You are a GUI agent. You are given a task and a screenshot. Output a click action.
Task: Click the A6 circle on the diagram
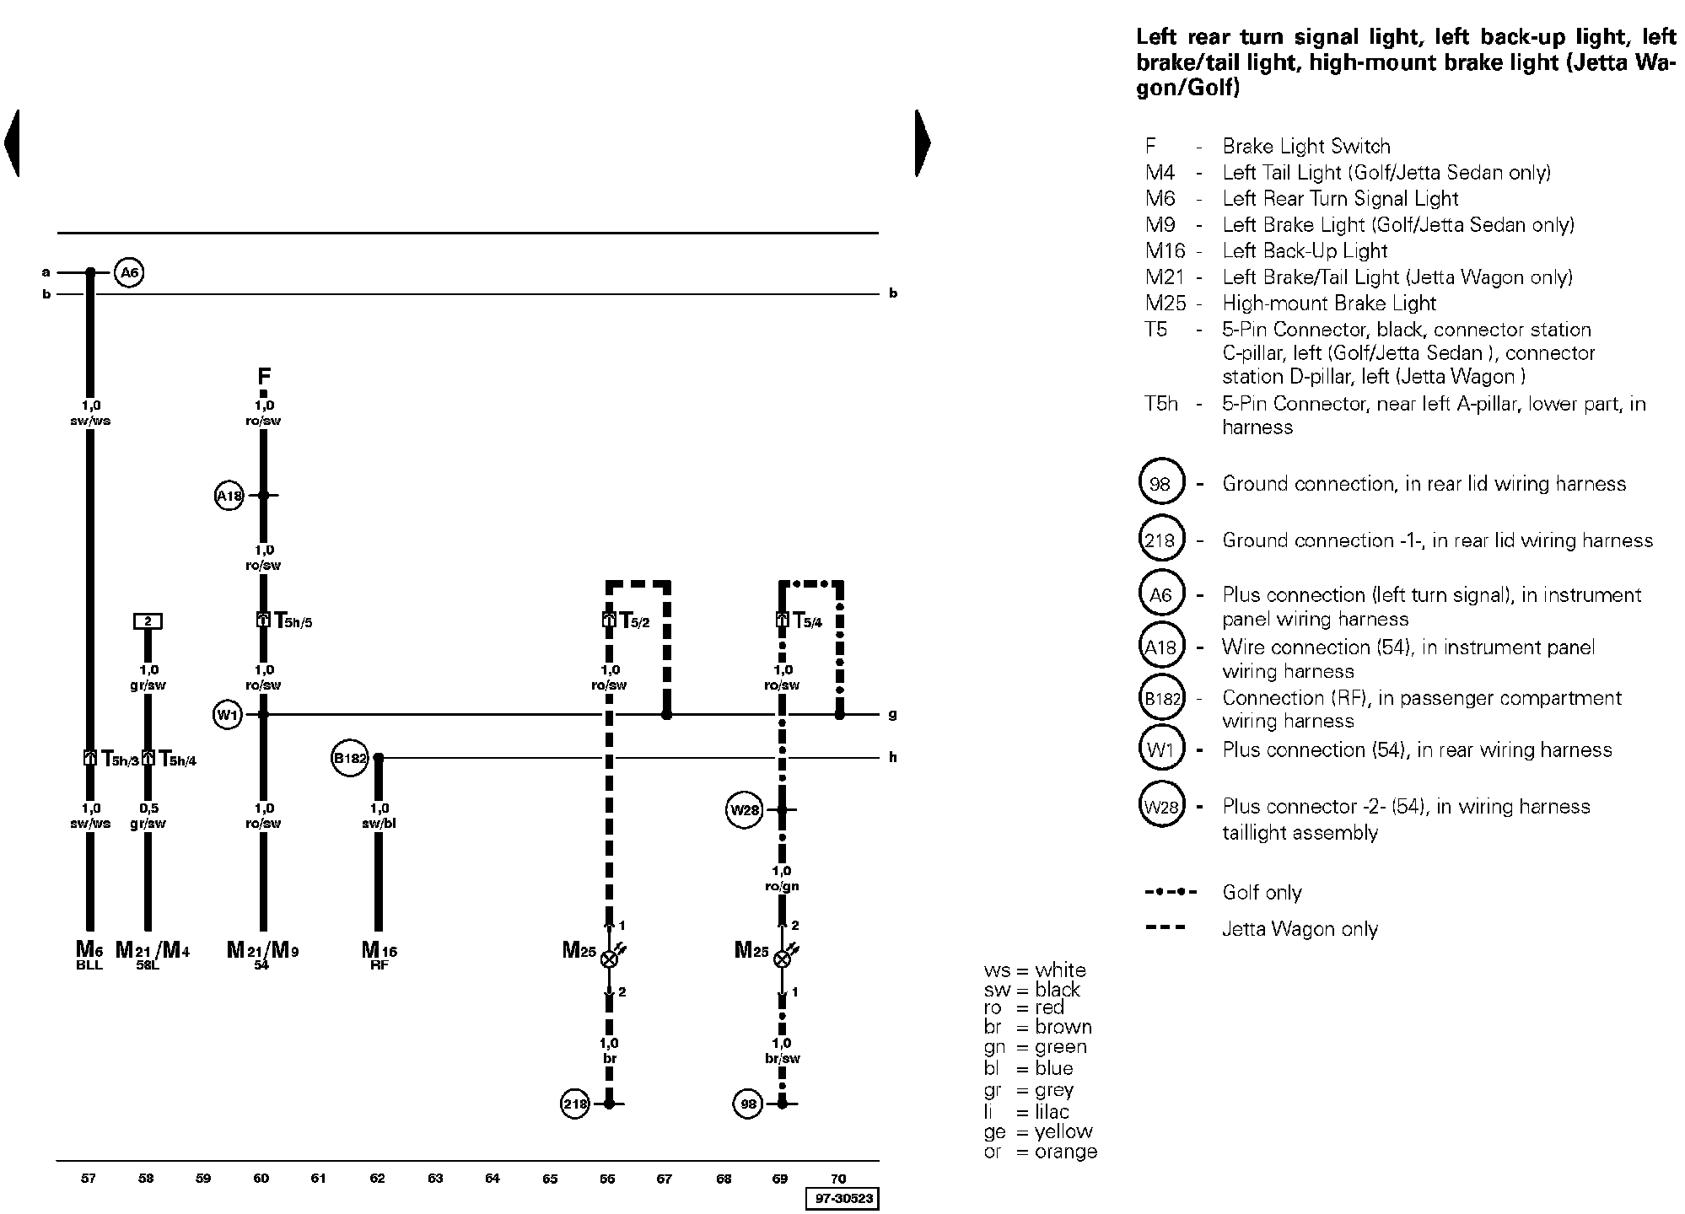pos(129,272)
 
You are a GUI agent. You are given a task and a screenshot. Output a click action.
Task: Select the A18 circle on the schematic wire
pos(229,496)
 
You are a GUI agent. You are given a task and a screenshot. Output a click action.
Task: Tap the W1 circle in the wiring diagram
pos(228,715)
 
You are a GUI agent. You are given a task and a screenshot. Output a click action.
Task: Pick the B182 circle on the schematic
pos(350,758)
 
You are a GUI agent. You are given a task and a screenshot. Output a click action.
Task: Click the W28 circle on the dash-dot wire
pos(745,810)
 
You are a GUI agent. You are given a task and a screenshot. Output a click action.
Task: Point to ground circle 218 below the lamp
pos(575,1104)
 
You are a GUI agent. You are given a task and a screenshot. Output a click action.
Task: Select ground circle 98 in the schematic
pos(748,1104)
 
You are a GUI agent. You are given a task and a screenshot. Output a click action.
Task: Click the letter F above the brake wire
pos(264,376)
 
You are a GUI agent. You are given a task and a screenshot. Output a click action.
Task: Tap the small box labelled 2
pos(148,621)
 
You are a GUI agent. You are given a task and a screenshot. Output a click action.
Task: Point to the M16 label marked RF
pos(379,955)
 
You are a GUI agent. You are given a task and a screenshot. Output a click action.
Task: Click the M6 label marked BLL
pos(89,955)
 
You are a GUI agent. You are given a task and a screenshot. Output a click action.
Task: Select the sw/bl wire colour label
pos(379,823)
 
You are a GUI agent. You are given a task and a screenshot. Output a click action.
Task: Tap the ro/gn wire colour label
pos(782,886)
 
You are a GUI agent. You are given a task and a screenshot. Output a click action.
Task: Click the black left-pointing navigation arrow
pos(11,142)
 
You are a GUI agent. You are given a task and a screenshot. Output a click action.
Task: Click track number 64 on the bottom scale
pos(493,1178)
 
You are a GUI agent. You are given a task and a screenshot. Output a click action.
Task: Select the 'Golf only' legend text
pos(1262,892)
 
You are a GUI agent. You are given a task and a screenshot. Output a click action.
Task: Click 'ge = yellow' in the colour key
pos(1038,1131)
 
